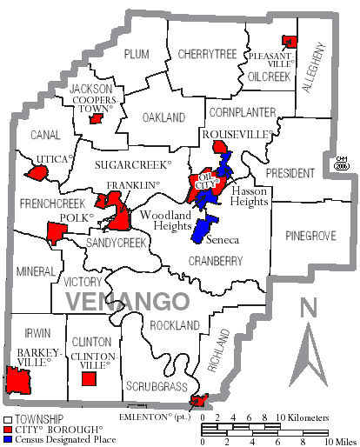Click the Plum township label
click(137, 54)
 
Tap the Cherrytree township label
click(207, 54)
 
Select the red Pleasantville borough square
click(290, 41)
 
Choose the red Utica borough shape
click(37, 173)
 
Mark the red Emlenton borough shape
click(200, 402)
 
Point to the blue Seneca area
click(203, 230)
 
